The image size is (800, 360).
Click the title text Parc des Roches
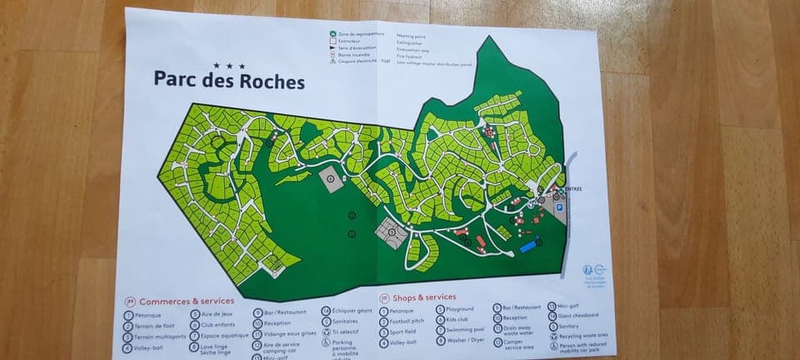click(x=228, y=81)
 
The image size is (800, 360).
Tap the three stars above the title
click(x=229, y=65)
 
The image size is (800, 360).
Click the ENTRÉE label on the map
click(x=573, y=189)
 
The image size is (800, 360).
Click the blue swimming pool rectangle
click(x=528, y=247)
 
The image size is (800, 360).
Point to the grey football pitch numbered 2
click(x=332, y=179)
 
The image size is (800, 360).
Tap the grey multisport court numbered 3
click(x=389, y=232)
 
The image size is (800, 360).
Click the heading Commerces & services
click(x=186, y=301)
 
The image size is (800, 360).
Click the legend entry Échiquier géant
click(x=352, y=311)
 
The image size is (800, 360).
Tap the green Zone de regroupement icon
click(x=332, y=35)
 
